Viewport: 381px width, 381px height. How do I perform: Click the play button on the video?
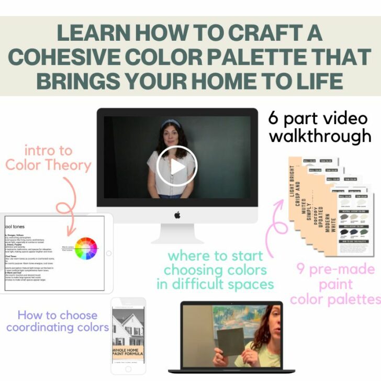pyautogui.click(x=176, y=166)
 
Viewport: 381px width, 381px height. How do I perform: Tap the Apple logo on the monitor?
pyautogui.click(x=177, y=215)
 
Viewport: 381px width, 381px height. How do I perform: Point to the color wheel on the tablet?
pyautogui.click(x=86, y=248)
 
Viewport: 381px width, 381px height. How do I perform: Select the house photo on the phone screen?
pyautogui.click(x=128, y=324)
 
